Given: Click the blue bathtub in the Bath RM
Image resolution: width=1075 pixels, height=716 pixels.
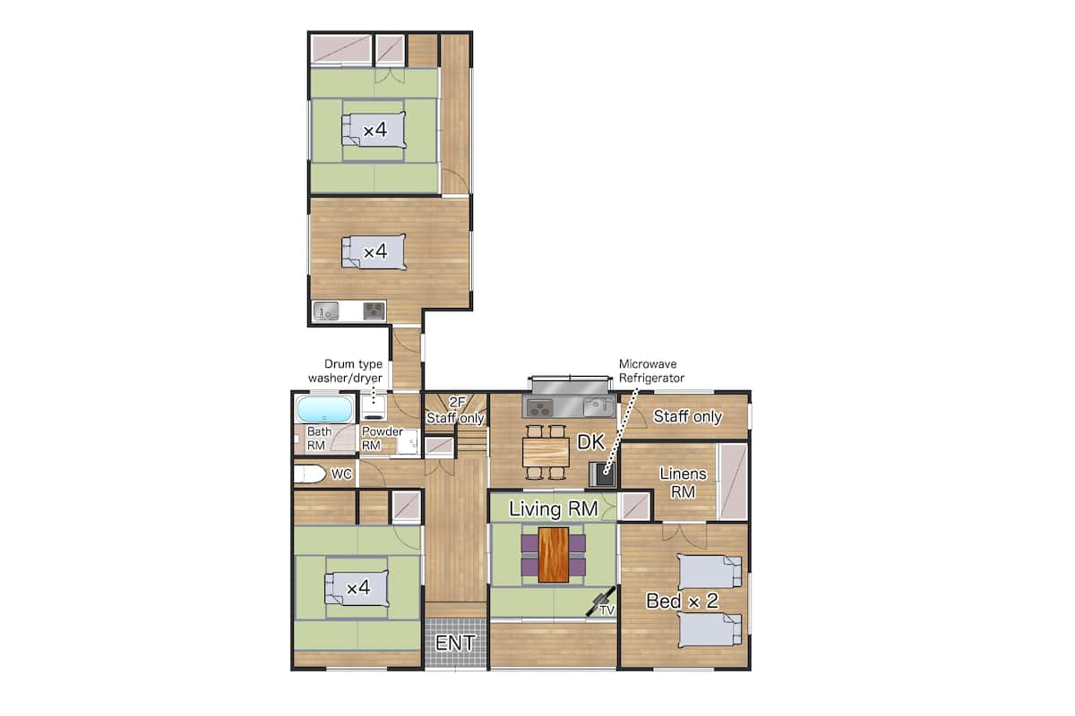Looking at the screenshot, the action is click(325, 409).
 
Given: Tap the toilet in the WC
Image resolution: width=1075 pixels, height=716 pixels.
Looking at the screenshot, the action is click(310, 473).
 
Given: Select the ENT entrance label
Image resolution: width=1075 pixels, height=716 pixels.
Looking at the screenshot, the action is click(455, 644).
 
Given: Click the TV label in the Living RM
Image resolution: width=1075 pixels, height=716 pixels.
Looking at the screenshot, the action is click(607, 610).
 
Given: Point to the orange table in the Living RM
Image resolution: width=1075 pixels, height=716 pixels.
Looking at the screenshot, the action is click(554, 555).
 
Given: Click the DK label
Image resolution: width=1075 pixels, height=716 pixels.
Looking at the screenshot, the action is click(590, 442).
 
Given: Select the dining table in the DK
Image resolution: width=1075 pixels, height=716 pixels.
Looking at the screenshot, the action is click(546, 452).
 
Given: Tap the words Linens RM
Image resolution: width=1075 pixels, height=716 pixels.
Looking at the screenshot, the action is click(683, 482).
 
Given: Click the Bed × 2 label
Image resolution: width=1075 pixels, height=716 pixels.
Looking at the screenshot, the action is click(682, 601).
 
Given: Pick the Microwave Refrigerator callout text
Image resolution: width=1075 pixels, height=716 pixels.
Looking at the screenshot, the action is click(651, 371).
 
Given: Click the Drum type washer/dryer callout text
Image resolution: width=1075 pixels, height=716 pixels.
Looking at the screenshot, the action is click(346, 371).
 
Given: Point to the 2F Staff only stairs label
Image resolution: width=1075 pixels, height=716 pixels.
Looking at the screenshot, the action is click(455, 411).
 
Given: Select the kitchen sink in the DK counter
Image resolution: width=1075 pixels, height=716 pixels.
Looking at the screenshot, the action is click(598, 407).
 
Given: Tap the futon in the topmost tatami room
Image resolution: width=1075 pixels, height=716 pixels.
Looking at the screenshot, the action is click(374, 130).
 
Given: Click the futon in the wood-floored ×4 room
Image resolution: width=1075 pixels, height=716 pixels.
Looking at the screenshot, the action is click(374, 251).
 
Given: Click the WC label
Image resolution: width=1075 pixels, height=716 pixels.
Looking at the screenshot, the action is click(341, 473).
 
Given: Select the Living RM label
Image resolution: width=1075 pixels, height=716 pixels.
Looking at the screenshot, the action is click(554, 509).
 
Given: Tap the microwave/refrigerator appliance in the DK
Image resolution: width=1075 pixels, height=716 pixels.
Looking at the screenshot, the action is click(602, 473).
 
